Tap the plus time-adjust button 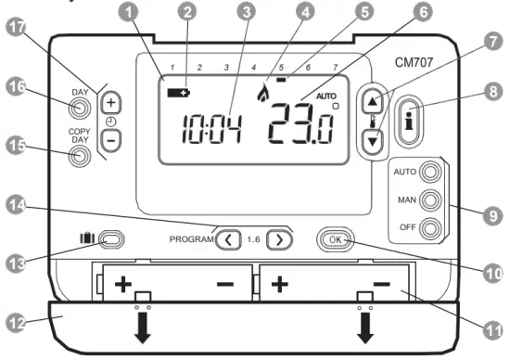pyautogui.click(x=110, y=102)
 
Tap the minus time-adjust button pyautogui.click(x=110, y=138)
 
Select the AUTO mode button pyautogui.click(x=428, y=172)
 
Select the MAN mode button pyautogui.click(x=428, y=199)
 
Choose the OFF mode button pyautogui.click(x=428, y=227)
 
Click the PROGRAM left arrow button pyautogui.click(x=227, y=240)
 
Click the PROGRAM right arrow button pyautogui.click(x=278, y=240)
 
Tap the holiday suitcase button pyautogui.click(x=110, y=239)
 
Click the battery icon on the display pyautogui.click(x=176, y=93)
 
